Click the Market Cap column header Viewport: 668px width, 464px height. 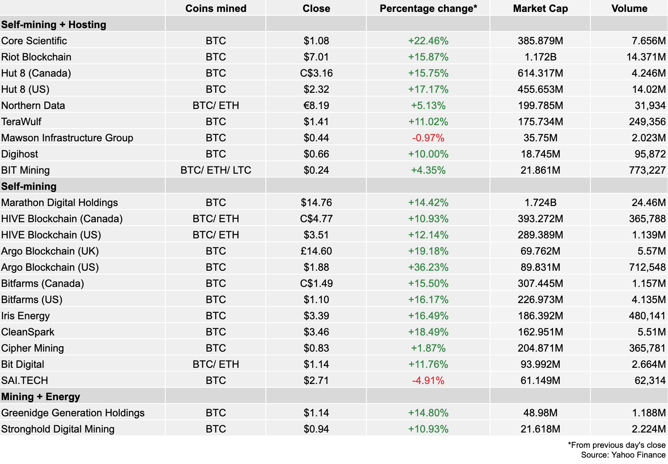[x=540, y=9]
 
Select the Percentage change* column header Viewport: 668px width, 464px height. [x=428, y=9]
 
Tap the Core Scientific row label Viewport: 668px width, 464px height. [x=34, y=41]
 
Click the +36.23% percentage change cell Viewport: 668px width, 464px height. [x=428, y=267]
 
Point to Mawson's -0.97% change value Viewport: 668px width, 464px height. [x=428, y=138]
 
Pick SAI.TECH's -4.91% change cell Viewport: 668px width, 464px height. [x=428, y=381]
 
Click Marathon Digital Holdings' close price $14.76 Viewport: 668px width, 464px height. [x=316, y=203]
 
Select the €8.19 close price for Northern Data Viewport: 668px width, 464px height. [x=316, y=106]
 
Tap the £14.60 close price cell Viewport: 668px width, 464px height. [x=316, y=251]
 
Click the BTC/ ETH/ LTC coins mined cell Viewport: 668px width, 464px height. [x=216, y=170]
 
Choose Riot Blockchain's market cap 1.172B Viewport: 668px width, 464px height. [x=540, y=57]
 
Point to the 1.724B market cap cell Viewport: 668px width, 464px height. [x=540, y=203]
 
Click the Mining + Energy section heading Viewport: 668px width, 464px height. [x=41, y=397]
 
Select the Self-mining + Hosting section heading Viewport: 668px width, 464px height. [x=54, y=25]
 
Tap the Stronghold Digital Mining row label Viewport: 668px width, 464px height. [x=58, y=429]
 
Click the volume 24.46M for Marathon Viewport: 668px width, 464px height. [x=648, y=203]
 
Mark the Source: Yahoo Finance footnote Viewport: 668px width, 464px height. [x=623, y=455]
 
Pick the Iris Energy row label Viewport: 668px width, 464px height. [x=26, y=316]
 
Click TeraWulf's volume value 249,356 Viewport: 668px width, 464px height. [x=647, y=122]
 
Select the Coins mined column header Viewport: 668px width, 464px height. [x=216, y=9]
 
